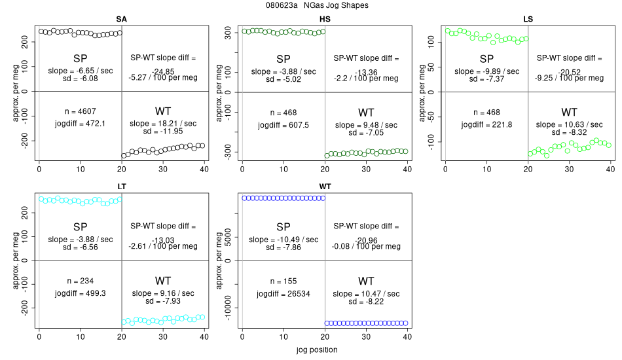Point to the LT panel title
121,187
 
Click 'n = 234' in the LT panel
81,280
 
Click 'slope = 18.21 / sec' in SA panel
163,122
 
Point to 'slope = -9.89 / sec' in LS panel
486,71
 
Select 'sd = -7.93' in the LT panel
163,301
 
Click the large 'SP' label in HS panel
284,59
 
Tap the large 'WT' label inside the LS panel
569,111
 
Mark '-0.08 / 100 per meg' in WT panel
366,247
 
